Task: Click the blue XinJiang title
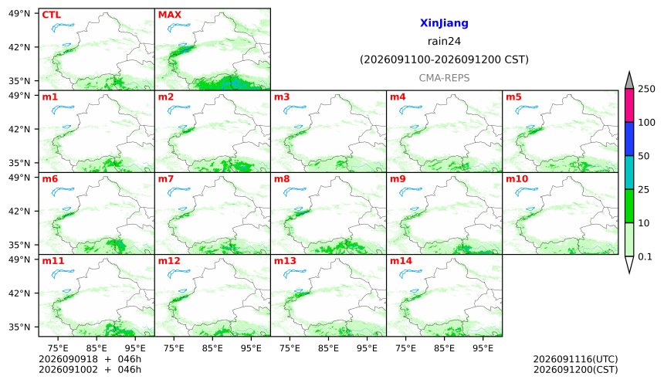tap(444, 23)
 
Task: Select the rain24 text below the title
tap(444, 41)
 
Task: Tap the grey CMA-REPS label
tap(444, 78)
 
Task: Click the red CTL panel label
tap(51, 15)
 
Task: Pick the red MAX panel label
tap(169, 15)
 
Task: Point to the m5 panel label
tap(513, 97)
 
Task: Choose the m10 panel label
tap(517, 179)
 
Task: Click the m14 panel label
tap(401, 260)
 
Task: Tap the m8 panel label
tap(282, 179)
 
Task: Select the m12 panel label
tap(169, 260)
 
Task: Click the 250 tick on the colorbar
tap(647, 89)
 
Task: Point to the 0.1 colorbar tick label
tap(645, 256)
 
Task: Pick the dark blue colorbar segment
tap(629, 139)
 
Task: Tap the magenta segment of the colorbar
tap(629, 106)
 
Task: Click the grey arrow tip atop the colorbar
tap(629, 72)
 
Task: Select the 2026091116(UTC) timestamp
tap(575, 359)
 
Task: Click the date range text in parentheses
tap(444, 59)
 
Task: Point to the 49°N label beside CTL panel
tap(19, 14)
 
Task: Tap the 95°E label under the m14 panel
tap(483, 348)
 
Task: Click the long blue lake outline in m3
tap(294, 110)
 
